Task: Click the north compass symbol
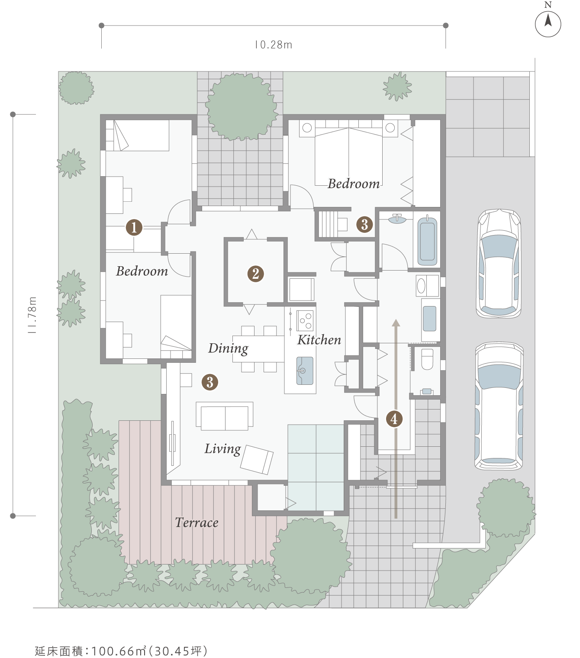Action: [548, 24]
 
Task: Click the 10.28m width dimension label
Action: [274, 45]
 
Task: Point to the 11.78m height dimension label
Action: [32, 315]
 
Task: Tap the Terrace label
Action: [197, 523]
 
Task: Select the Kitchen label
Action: [319, 340]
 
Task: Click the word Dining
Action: [228, 349]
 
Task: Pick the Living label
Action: [223, 449]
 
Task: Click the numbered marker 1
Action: [134, 227]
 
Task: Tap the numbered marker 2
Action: [255, 274]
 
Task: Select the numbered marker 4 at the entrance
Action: [394, 419]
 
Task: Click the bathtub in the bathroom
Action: [427, 240]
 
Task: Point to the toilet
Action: [427, 359]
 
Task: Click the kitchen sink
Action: [305, 371]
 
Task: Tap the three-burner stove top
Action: [305, 320]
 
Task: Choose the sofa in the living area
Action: [224, 416]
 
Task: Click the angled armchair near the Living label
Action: [257, 459]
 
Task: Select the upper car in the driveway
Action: [499, 263]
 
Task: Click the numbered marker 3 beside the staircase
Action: [364, 224]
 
